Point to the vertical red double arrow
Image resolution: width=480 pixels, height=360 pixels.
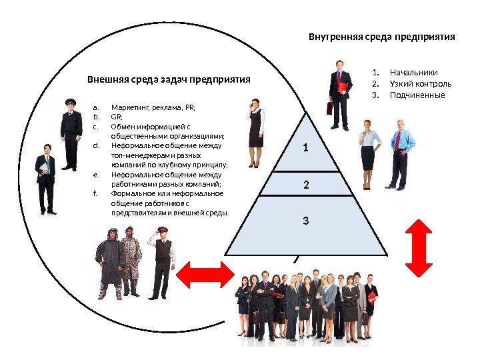coord(421,247)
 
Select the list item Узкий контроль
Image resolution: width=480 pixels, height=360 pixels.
coord(420,83)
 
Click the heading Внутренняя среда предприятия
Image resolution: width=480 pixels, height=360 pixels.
coord(381,37)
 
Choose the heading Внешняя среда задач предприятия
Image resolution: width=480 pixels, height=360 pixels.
coord(169,79)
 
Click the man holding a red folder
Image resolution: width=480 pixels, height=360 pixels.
coord(340,93)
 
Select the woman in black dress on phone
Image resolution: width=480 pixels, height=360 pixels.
coord(255,132)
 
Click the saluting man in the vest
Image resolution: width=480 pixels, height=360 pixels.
coord(161,260)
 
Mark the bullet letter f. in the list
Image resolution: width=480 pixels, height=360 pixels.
coord(95,194)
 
